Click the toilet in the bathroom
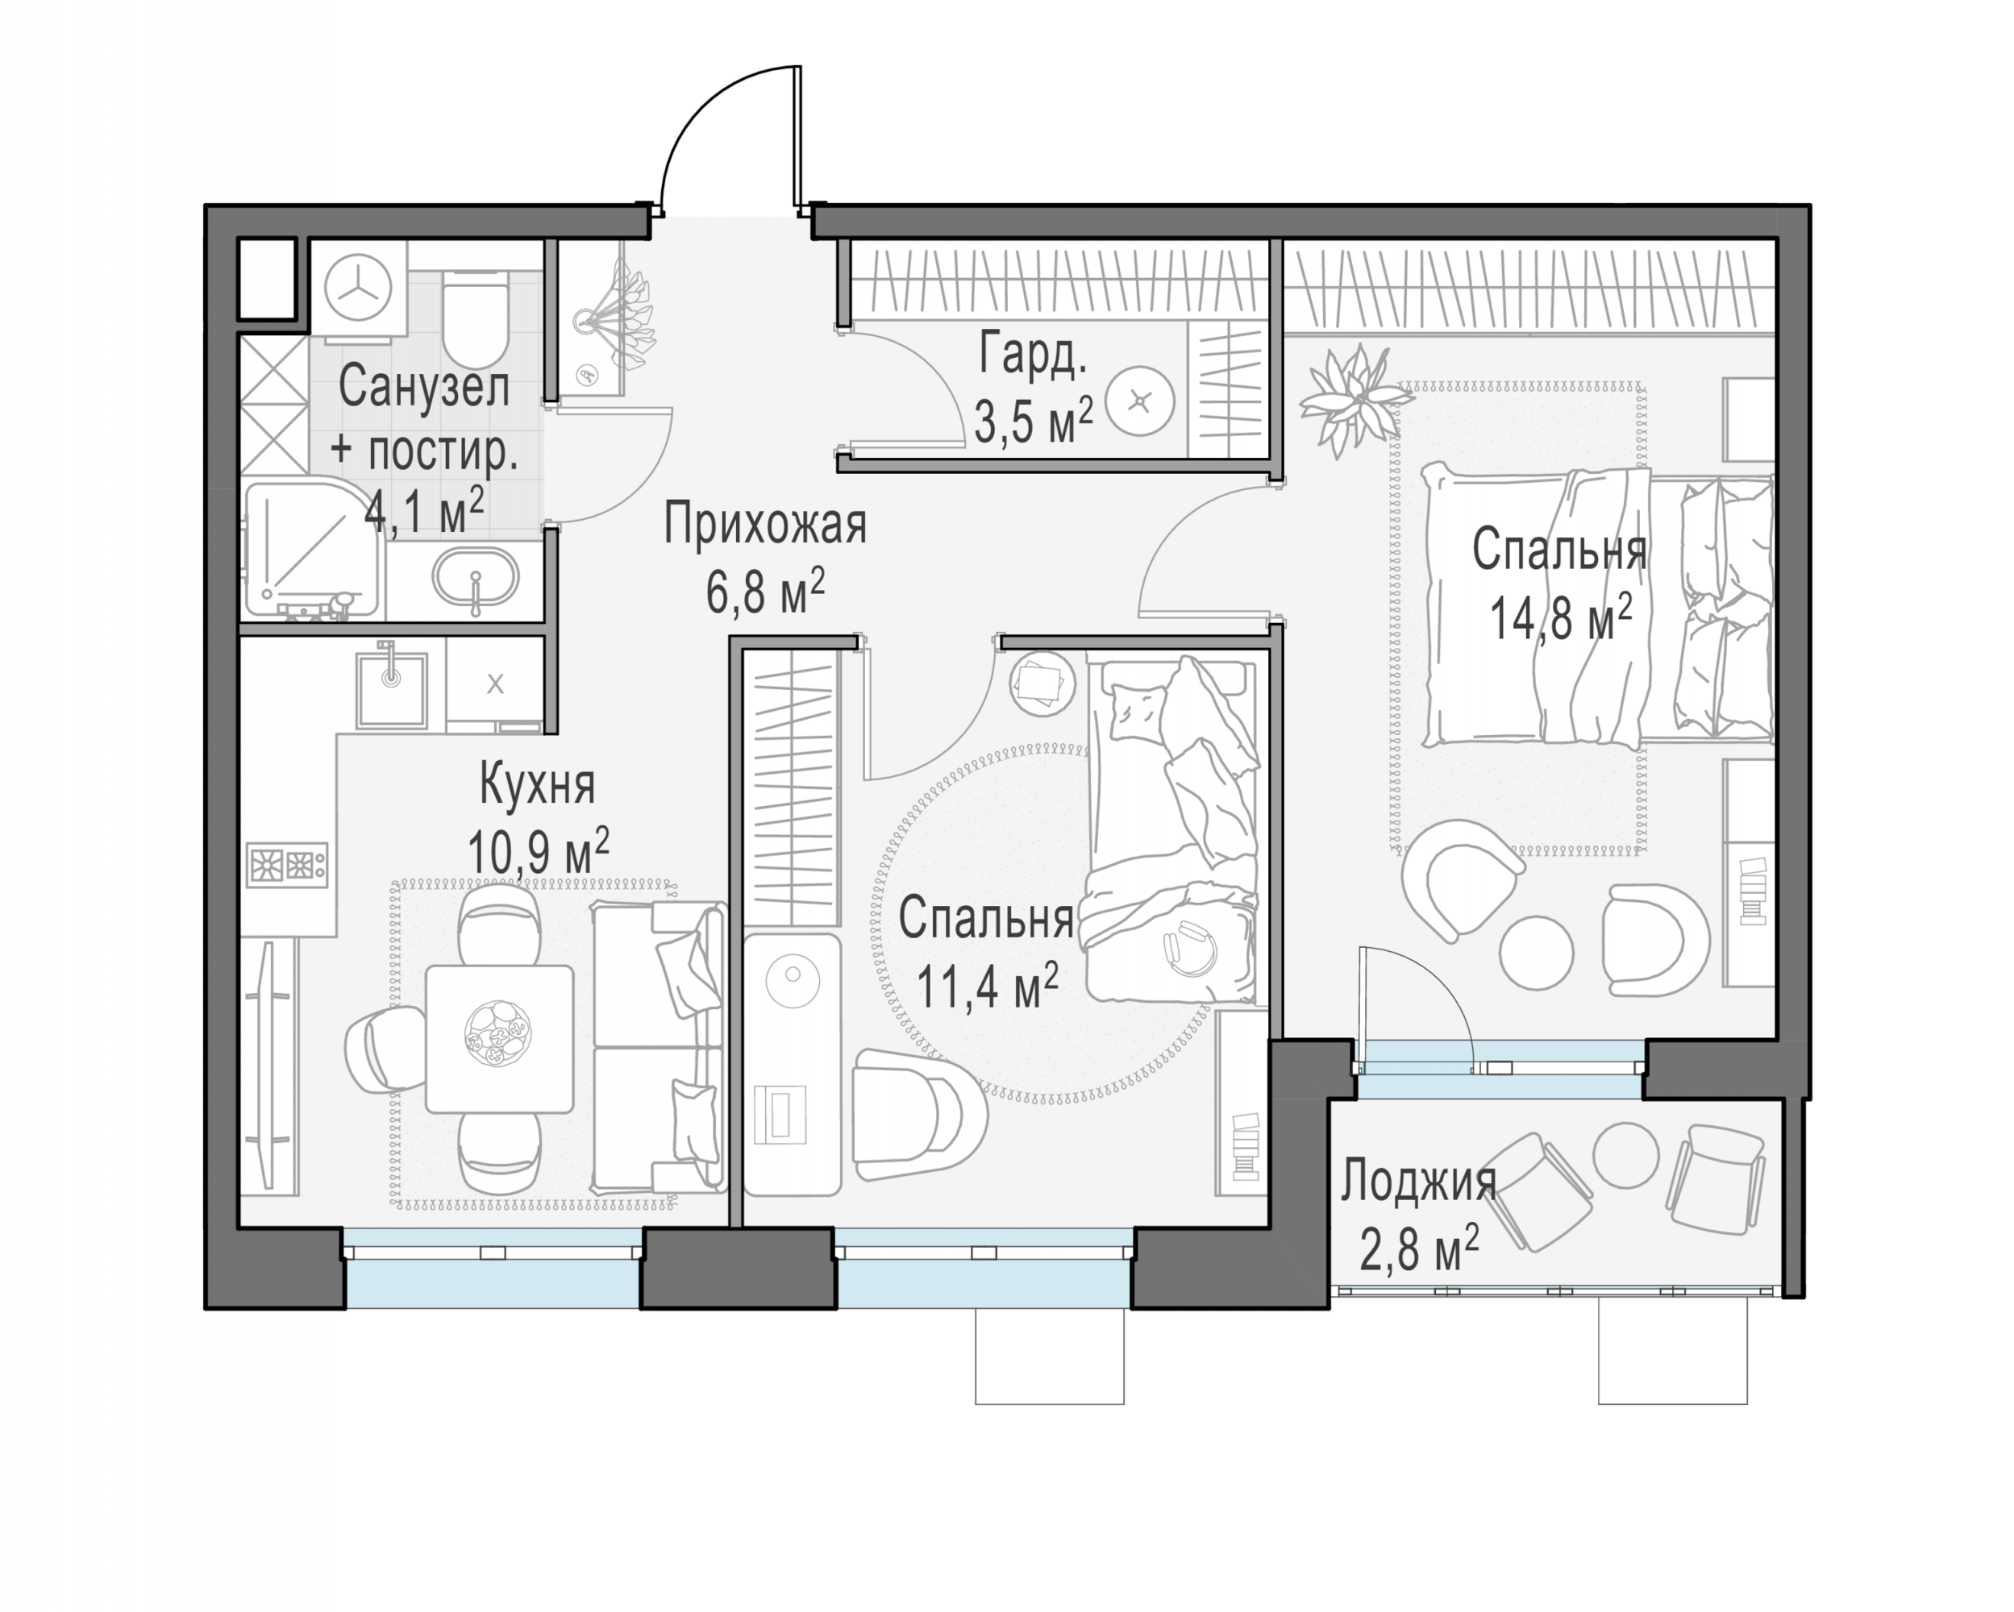pos(475,318)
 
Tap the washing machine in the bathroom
pos(358,289)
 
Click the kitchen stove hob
pos(287,864)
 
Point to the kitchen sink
pos(391,689)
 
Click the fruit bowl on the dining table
pos(498,1034)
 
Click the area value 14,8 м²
pos(1560,617)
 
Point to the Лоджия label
pos(1419,1182)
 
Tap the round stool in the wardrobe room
pos(1138,401)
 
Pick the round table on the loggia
pos(1626,1154)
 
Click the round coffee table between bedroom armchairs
pos(1536,953)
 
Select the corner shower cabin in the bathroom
pos(314,547)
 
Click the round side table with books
pos(1041,684)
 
